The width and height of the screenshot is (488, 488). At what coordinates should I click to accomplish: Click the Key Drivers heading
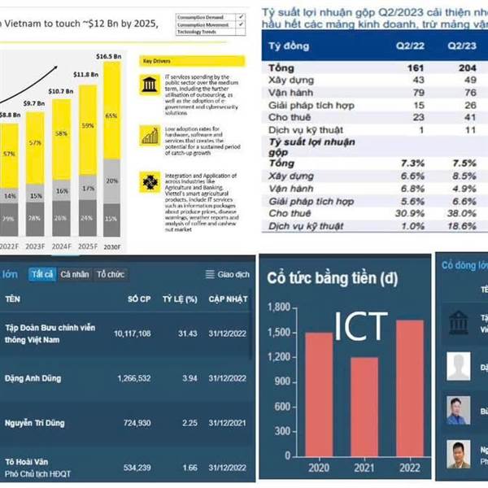[x=156, y=61]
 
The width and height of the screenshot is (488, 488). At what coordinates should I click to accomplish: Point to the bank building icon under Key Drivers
[x=150, y=85]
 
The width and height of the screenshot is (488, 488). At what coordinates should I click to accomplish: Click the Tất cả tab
[x=42, y=274]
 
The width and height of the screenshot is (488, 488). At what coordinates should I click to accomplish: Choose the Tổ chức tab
[x=111, y=274]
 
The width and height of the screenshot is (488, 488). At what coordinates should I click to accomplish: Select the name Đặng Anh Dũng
[x=34, y=377]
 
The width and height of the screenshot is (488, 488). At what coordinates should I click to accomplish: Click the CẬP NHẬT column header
[x=227, y=299]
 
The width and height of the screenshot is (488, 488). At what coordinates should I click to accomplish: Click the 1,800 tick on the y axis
[x=277, y=307]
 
